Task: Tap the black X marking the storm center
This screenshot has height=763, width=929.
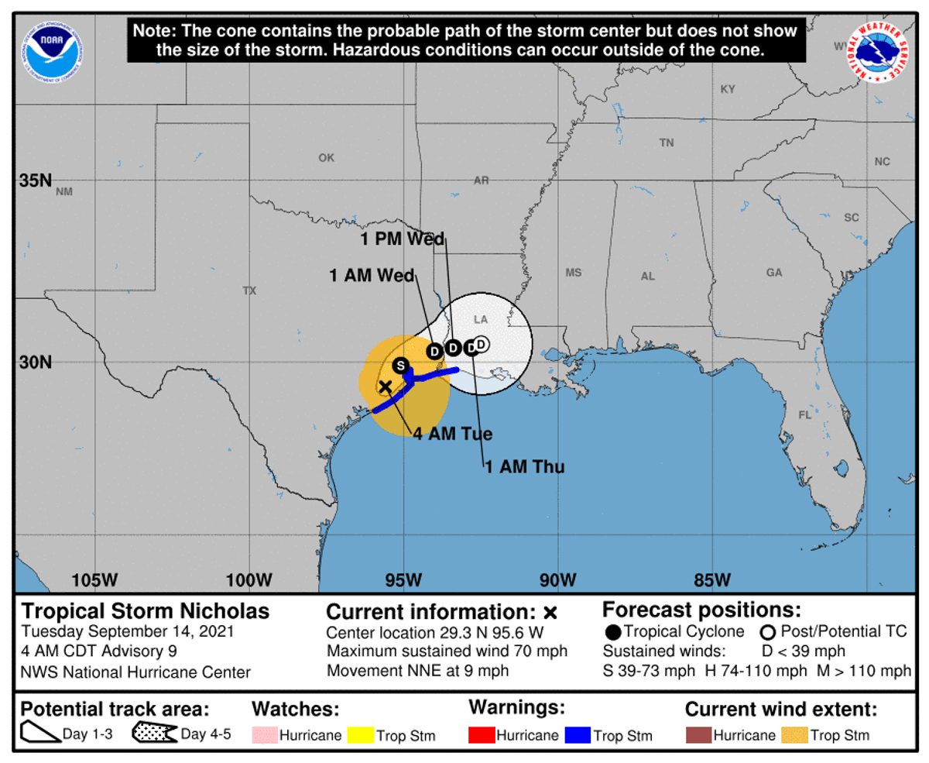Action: click(385, 386)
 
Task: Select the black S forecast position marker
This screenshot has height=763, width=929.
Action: click(400, 366)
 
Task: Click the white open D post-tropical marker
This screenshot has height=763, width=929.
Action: click(481, 343)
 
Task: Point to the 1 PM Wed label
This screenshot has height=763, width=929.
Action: click(403, 239)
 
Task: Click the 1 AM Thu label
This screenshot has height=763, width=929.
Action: click(525, 466)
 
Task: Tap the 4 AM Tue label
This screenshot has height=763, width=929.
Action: click(453, 434)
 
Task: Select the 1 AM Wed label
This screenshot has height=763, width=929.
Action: click(372, 275)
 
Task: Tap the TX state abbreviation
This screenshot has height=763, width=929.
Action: click(249, 291)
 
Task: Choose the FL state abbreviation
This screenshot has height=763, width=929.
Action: click(804, 415)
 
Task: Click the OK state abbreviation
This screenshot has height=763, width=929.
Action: click(326, 158)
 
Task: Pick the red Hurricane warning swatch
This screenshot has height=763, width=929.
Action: click(481, 734)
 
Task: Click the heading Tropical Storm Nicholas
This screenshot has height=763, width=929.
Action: click(146, 611)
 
